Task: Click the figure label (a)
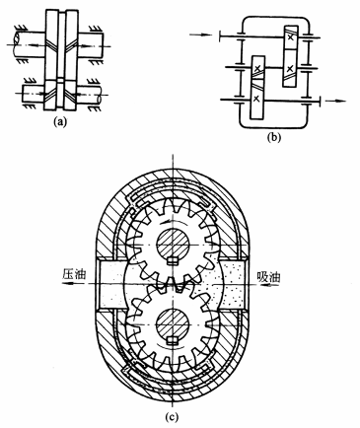(x=60, y=122)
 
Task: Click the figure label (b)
(x=274, y=137)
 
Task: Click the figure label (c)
(x=172, y=417)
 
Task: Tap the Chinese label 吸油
(x=268, y=277)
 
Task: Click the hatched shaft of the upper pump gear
(x=173, y=245)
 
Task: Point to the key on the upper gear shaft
(x=173, y=260)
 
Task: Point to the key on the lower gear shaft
(x=173, y=340)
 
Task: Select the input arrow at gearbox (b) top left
(x=201, y=34)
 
